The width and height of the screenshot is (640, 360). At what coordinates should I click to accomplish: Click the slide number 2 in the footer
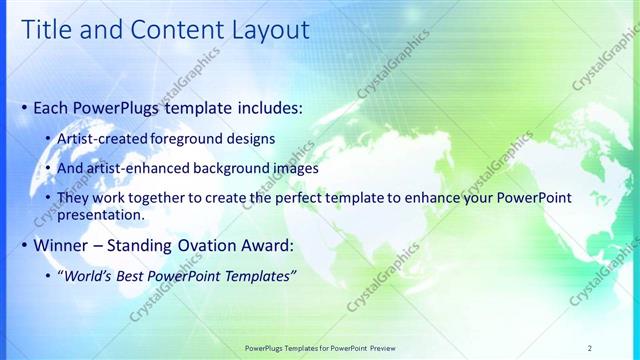click(590, 348)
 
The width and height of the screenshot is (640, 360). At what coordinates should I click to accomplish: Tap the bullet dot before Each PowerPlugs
click(25, 107)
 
